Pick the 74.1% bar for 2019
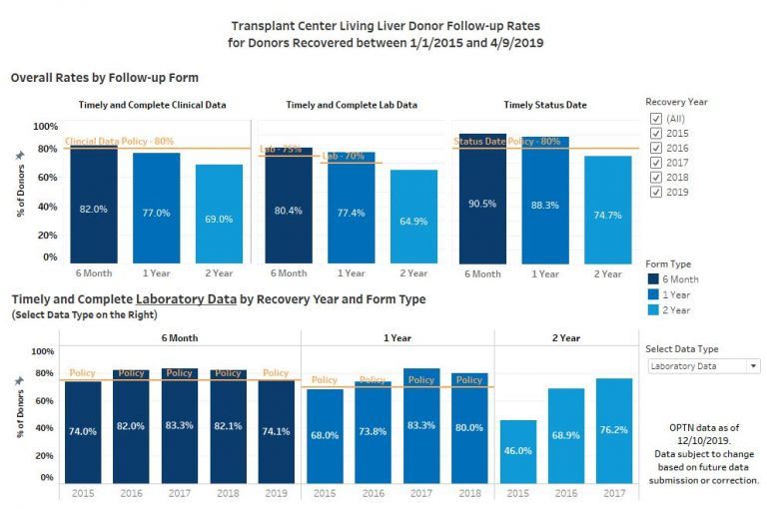coord(276,431)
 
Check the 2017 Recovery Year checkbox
coord(656,161)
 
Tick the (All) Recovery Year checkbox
coord(656,118)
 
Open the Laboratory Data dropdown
coord(703,366)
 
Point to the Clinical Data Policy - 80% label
coord(119,142)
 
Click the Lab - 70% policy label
coord(344,157)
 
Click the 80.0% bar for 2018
coord(469,429)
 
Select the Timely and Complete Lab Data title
coord(351,104)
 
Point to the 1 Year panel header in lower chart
coord(397,338)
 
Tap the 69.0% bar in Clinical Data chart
coord(219,214)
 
